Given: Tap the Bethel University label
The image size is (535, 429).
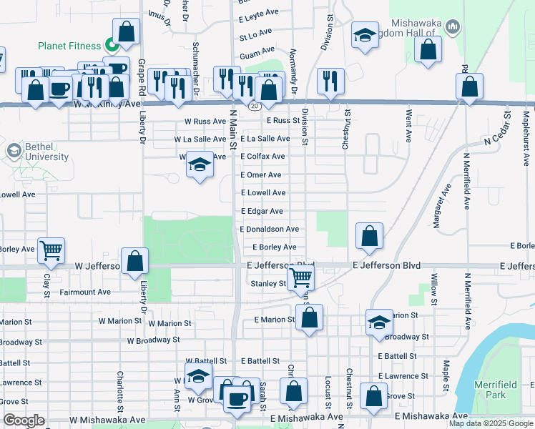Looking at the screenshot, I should pyautogui.click(x=37, y=152).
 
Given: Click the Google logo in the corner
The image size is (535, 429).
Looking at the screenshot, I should pyautogui.click(x=24, y=420).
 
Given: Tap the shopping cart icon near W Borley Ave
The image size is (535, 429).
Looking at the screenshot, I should pyautogui.click(x=51, y=250).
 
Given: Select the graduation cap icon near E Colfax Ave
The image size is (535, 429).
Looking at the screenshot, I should pyautogui.click(x=200, y=166).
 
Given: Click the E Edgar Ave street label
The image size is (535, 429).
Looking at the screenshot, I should pyautogui.click(x=262, y=212).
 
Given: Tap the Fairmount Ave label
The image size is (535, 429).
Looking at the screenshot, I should pyautogui.click(x=84, y=292).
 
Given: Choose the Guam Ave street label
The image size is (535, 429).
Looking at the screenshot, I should pyautogui.click(x=257, y=51).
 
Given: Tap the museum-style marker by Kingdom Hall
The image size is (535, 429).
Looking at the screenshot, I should pyautogui.click(x=452, y=28).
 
